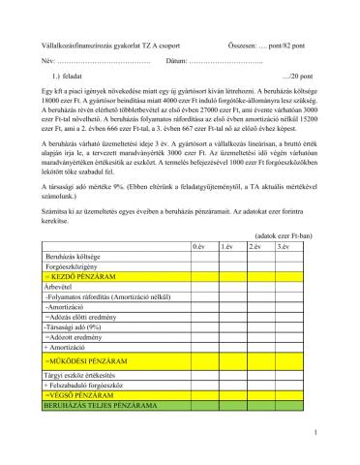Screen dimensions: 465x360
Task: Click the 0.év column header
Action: (199, 247)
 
